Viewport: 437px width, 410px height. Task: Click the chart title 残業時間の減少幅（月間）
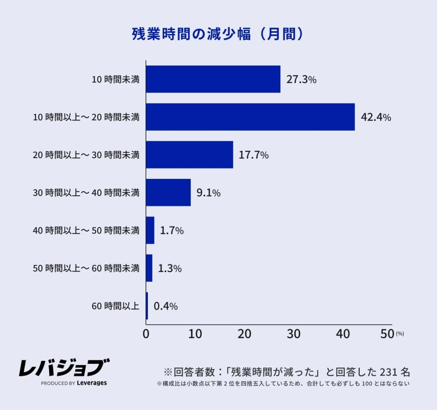pos(218,34)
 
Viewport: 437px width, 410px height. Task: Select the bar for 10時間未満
pos(213,79)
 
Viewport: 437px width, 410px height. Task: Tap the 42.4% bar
pos(250,117)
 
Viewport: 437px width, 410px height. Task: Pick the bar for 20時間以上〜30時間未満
pos(189,155)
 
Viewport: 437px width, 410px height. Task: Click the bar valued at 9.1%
pos(168,193)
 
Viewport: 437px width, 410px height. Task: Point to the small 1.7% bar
pos(150,231)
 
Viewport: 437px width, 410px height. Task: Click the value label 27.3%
pos(301,80)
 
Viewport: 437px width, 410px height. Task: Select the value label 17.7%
pos(254,155)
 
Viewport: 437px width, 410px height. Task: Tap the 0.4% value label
pos(166,306)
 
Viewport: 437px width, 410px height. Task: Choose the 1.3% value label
pos(170,269)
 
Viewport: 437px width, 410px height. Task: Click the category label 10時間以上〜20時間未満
pos(86,117)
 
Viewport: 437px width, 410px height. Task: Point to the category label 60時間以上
pos(115,306)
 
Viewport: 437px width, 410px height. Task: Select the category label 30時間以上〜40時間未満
pos(86,193)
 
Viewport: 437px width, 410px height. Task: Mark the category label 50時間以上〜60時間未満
pos(86,269)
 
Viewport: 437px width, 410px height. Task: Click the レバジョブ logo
pos(64,367)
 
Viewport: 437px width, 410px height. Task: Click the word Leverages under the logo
pos(92,383)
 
